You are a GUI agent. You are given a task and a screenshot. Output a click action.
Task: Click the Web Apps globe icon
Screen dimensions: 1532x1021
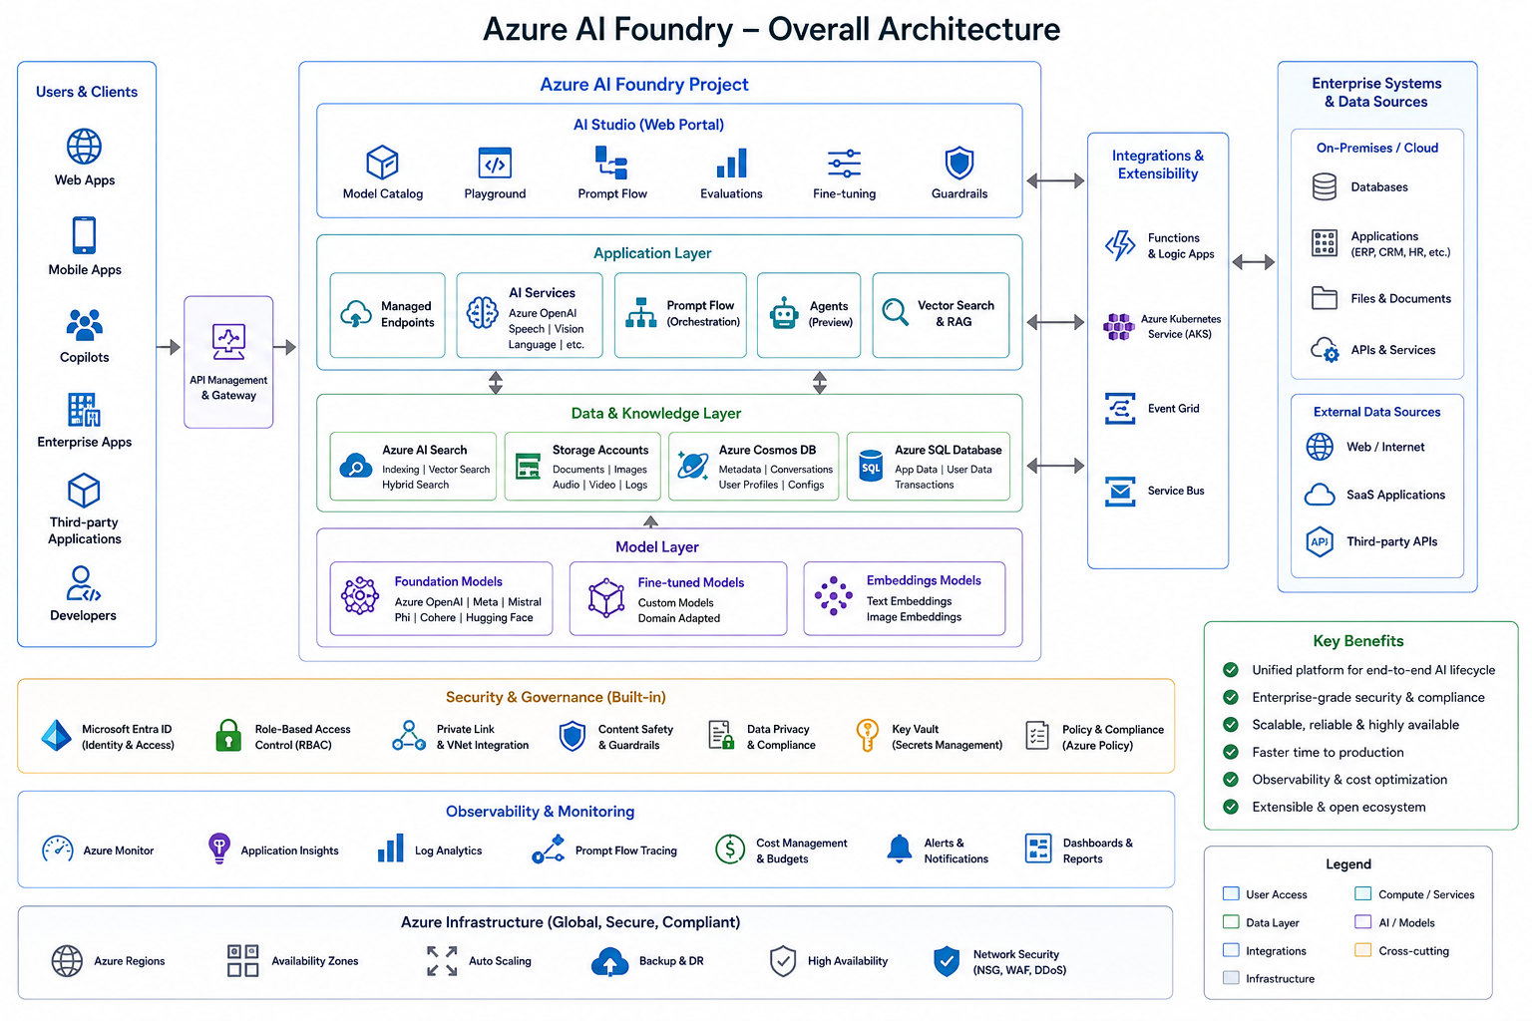coord(84,147)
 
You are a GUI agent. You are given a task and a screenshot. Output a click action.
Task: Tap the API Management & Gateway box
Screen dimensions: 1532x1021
coord(228,362)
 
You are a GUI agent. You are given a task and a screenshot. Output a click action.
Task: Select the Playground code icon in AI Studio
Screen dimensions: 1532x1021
coord(495,164)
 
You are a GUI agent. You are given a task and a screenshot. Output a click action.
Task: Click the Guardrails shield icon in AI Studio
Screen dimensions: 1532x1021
coord(958,164)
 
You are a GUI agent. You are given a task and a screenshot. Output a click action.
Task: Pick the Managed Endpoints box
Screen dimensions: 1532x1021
coord(387,315)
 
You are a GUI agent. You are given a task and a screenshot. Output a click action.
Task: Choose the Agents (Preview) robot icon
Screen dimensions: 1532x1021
coord(784,314)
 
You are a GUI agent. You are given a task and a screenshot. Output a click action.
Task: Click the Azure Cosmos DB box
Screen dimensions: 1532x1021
coord(753,467)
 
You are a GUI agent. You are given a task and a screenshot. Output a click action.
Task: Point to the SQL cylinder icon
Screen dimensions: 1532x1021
coord(871,467)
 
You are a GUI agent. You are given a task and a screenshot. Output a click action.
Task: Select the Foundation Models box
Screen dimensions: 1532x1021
coord(441,599)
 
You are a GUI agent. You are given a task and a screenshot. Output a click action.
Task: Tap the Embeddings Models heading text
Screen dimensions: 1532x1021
coord(924,580)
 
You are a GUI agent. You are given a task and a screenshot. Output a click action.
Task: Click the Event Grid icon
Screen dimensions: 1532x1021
coord(1120,408)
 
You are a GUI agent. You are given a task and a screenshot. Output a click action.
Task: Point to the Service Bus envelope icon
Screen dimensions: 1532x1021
coord(1120,491)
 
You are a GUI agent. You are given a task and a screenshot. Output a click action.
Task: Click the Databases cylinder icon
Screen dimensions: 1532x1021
coord(1325,186)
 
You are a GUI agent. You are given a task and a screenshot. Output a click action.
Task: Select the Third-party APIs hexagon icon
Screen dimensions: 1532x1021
coord(1320,541)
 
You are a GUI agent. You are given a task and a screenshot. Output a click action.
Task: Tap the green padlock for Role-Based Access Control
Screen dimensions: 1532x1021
coord(228,736)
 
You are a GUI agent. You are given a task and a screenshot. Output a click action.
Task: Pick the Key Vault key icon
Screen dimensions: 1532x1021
coord(867,735)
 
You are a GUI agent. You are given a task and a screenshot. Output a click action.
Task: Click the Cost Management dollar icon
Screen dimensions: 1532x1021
coord(730,851)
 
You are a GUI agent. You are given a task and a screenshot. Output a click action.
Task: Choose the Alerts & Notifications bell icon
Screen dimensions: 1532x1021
coord(900,849)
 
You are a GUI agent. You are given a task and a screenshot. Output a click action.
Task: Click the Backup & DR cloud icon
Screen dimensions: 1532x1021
coord(609,961)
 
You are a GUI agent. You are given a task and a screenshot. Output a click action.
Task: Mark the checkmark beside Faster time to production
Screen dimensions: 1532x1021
coord(1231,752)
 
